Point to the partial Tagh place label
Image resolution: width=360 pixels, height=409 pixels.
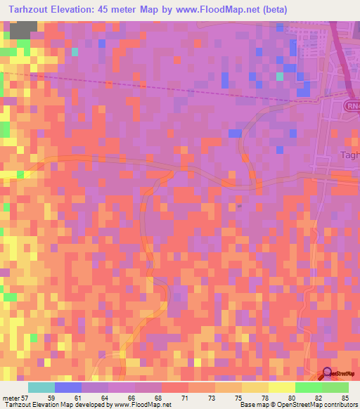[349, 155]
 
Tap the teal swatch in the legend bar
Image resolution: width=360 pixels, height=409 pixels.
[41, 387]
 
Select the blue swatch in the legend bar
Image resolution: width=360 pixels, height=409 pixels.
[68, 387]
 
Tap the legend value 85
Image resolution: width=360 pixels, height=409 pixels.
[344, 398]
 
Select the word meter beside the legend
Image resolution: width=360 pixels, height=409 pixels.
[10, 398]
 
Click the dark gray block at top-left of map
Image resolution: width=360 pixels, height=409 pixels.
[23, 29]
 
